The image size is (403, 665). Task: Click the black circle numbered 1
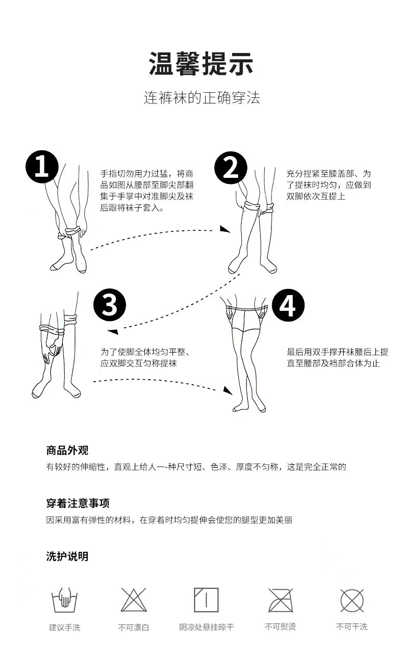(42, 166)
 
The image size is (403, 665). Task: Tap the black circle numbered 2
(231, 168)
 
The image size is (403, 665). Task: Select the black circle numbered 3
(110, 305)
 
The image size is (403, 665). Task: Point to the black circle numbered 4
(288, 305)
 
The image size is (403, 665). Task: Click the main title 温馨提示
(201, 63)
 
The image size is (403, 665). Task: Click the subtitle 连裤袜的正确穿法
(202, 97)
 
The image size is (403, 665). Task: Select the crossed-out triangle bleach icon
(134, 600)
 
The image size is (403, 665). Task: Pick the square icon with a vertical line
(206, 600)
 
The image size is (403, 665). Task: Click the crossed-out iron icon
(281, 600)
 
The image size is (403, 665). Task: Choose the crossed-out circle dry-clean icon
(352, 600)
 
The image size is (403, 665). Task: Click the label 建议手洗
(64, 627)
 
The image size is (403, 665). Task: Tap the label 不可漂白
(134, 627)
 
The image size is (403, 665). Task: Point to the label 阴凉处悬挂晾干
(206, 627)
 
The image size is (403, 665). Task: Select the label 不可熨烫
(280, 627)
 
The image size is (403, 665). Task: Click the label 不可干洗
(352, 627)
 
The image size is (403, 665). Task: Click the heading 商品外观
(67, 450)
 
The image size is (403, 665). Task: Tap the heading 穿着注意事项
(78, 503)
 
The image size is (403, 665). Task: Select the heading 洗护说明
(67, 556)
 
